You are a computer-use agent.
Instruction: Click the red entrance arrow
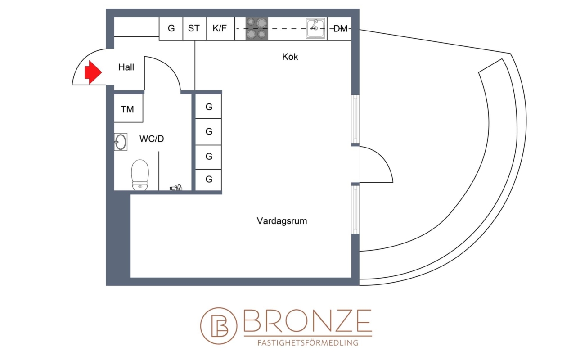pyautogui.click(x=93, y=72)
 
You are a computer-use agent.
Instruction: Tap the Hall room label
pyautogui.click(x=126, y=67)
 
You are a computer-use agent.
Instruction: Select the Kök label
pyautogui.click(x=290, y=57)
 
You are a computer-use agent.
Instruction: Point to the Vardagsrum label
pyautogui.click(x=282, y=221)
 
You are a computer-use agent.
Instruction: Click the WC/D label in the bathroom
pyautogui.click(x=152, y=139)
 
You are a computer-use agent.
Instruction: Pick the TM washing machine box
pyautogui.click(x=128, y=108)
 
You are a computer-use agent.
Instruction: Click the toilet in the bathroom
pyautogui.click(x=140, y=175)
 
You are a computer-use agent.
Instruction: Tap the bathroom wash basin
pyautogui.click(x=121, y=142)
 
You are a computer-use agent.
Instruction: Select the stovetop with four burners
pyautogui.click(x=256, y=28)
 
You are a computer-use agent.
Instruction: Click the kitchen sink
pyautogui.click(x=315, y=28)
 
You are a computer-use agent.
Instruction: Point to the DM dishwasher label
pyautogui.click(x=340, y=29)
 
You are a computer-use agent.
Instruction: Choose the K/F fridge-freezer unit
pyautogui.click(x=220, y=28)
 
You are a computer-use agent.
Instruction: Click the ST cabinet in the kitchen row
pyautogui.click(x=195, y=28)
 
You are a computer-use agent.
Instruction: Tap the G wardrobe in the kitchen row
pyautogui.click(x=171, y=28)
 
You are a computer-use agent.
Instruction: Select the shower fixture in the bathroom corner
pyautogui.click(x=176, y=188)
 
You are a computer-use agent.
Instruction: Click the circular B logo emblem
pyautogui.click(x=219, y=326)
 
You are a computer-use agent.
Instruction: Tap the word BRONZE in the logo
pyautogui.click(x=308, y=321)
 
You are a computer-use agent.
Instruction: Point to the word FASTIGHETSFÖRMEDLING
pyautogui.click(x=308, y=342)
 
